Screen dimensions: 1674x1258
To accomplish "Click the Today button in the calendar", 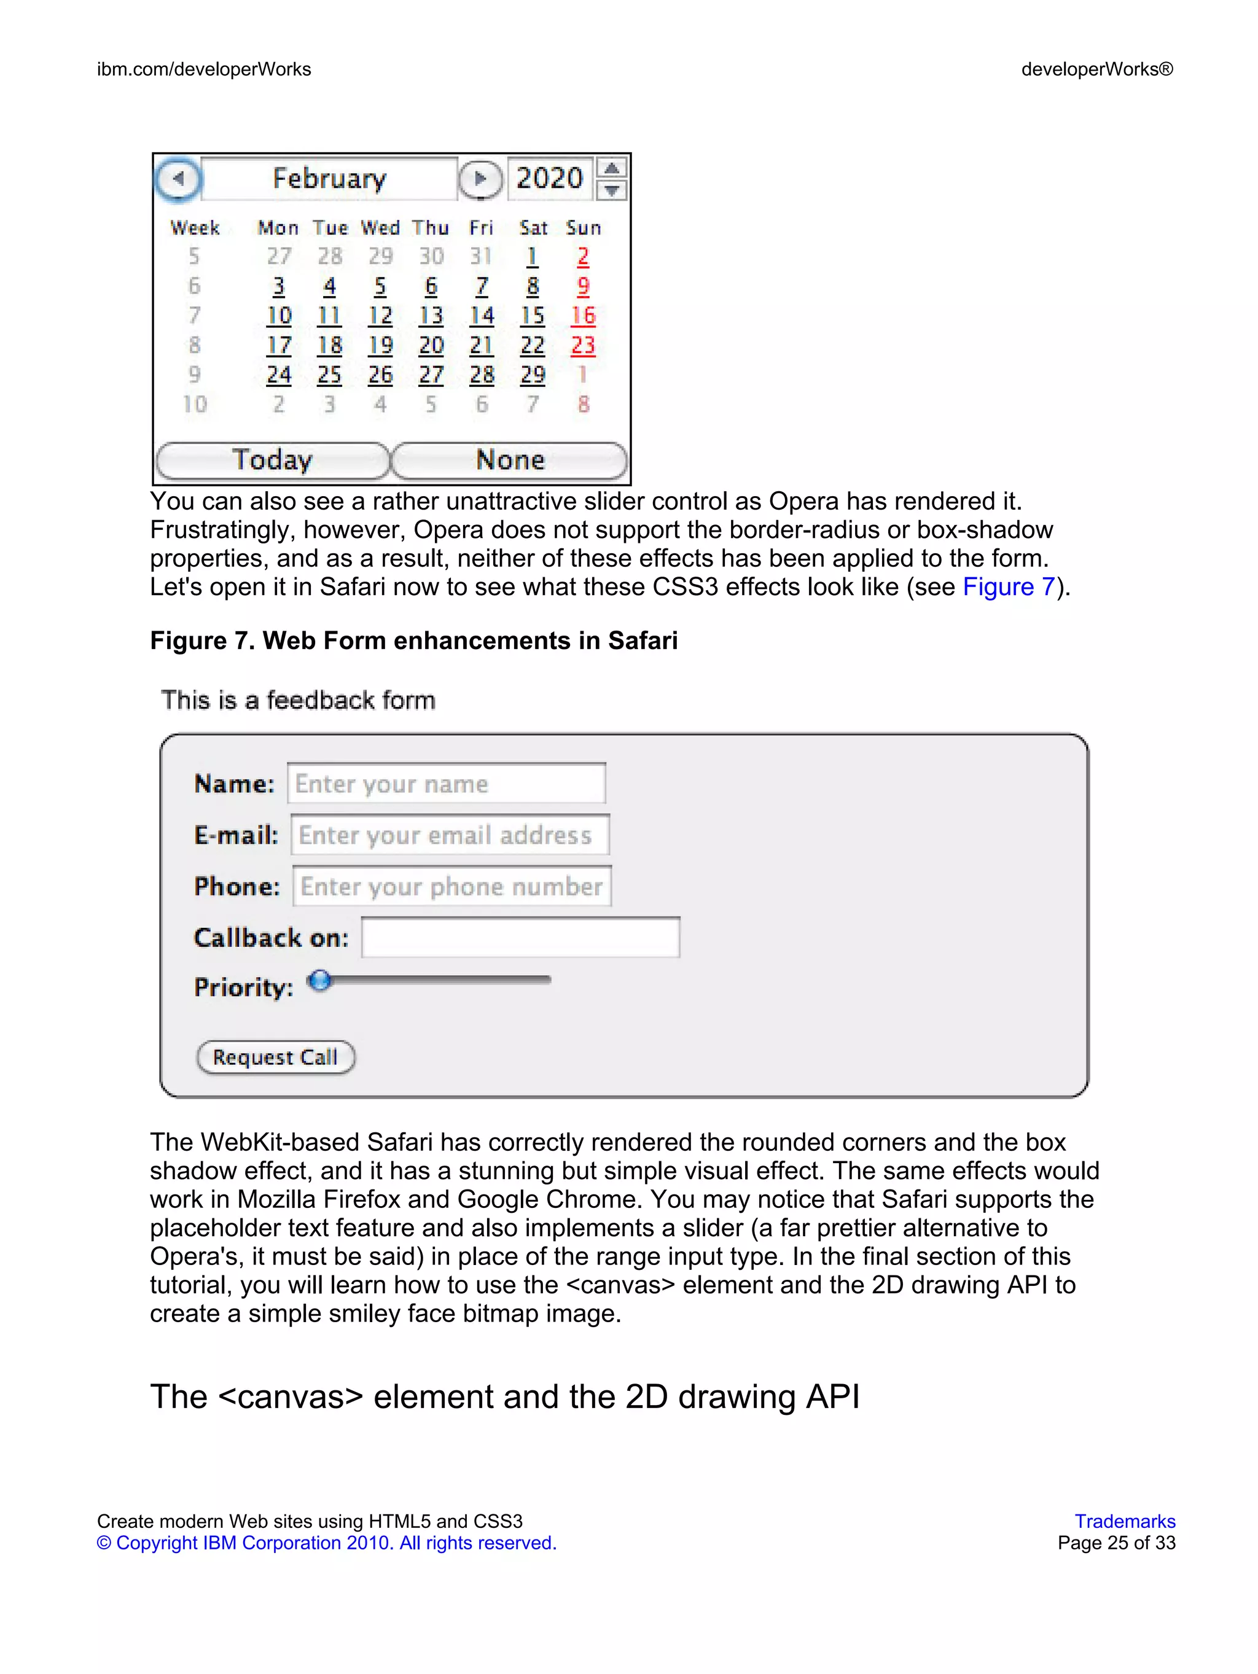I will point(273,460).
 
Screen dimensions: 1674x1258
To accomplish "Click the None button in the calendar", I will point(509,460).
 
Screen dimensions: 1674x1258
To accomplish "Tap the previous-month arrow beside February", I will point(179,179).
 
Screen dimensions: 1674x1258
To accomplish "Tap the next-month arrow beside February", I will point(480,179).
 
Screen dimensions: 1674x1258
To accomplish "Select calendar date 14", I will point(482,316).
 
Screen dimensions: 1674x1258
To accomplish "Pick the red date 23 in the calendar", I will point(583,345).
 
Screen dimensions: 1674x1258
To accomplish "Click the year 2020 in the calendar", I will point(550,179).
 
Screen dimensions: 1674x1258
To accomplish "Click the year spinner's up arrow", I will point(612,168).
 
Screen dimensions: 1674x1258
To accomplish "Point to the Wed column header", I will point(380,228).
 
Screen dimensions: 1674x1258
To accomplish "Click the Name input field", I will point(447,784).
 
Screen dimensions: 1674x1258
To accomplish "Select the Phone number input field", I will point(452,886).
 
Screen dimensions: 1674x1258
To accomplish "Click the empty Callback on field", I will point(521,938).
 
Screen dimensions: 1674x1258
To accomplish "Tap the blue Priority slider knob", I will point(320,981).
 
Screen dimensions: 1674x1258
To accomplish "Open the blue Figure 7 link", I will point(1008,587).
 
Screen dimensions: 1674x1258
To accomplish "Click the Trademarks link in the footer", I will point(1125,1521).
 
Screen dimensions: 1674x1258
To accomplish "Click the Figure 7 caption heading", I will point(413,641).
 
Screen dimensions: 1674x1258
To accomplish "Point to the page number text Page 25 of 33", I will point(1117,1543).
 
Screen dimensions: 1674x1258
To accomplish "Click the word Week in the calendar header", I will point(195,228).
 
